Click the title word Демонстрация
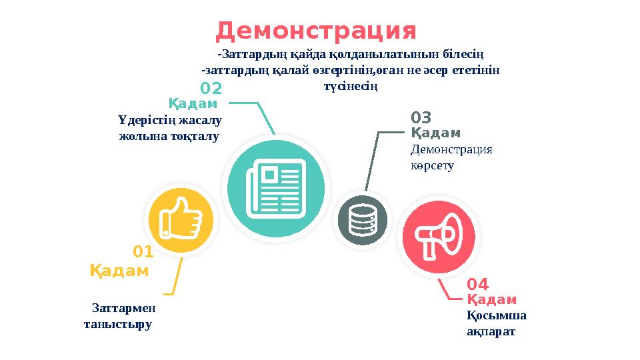pos(316,31)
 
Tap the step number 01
pos(143,252)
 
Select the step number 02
pos(211,88)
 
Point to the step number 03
pos(421,119)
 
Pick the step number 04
pos(477,285)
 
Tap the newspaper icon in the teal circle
pos(275,189)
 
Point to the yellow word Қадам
pos(119,271)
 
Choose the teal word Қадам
pos(193,104)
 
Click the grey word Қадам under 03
pos(436,133)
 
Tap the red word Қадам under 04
pos(492,299)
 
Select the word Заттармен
pos(124,308)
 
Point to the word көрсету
pos(432,165)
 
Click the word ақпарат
pos(491,331)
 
